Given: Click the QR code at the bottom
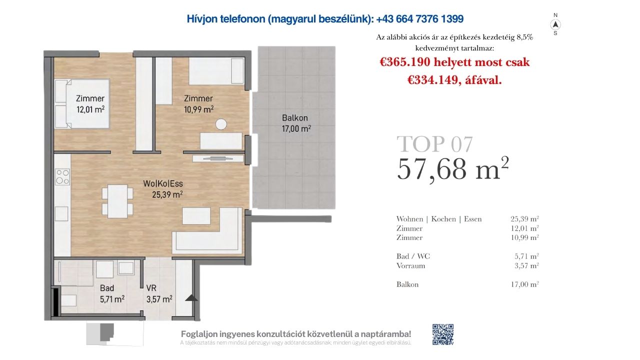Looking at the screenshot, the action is click(443, 334).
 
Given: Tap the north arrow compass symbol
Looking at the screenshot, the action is click(555, 25).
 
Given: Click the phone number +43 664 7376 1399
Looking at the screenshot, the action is click(420, 19).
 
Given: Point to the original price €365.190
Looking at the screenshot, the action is click(405, 62).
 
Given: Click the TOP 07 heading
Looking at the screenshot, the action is click(434, 144).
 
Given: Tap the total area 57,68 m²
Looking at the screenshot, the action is click(453, 169).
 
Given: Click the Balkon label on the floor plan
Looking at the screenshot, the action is click(295, 117).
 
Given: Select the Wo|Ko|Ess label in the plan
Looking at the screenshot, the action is click(163, 183).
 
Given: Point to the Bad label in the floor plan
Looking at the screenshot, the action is click(107, 288).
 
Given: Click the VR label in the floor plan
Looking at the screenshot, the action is click(151, 288).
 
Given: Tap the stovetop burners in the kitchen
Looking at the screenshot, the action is click(62, 177).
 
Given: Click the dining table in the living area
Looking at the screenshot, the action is click(117, 201).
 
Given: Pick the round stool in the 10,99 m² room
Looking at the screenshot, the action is click(221, 124).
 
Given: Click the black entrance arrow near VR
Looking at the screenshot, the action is click(191, 298).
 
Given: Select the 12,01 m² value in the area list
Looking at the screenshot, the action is click(524, 228).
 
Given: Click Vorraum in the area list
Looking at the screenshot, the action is click(410, 265).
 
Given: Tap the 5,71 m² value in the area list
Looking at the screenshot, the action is click(526, 256).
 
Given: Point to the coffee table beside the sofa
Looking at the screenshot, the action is click(196, 215).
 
